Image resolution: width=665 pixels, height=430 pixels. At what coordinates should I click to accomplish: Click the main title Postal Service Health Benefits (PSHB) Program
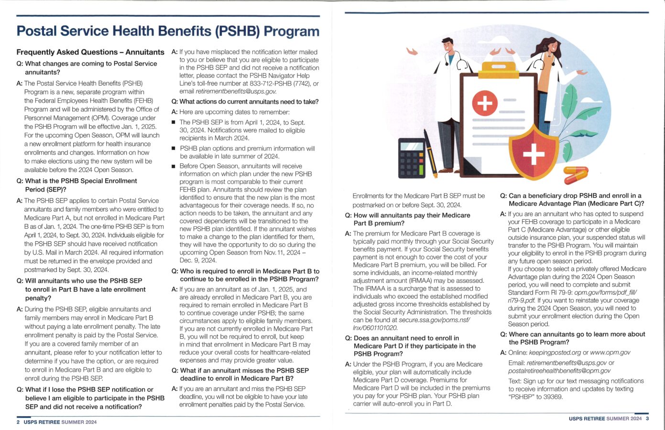168,31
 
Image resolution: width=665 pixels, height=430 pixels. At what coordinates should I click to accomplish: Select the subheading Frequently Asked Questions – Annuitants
90,52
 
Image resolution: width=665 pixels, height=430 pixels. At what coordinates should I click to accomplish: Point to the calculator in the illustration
411,158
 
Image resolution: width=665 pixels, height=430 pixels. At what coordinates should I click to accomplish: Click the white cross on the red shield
534,153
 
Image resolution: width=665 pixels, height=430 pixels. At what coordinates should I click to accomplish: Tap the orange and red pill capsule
575,175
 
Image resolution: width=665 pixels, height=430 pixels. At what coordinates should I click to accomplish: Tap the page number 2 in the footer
18,422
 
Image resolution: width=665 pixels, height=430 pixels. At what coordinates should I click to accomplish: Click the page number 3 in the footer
647,419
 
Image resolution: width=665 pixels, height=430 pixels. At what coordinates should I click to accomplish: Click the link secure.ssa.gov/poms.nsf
412,320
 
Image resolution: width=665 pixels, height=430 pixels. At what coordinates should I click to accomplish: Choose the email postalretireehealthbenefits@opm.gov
559,371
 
